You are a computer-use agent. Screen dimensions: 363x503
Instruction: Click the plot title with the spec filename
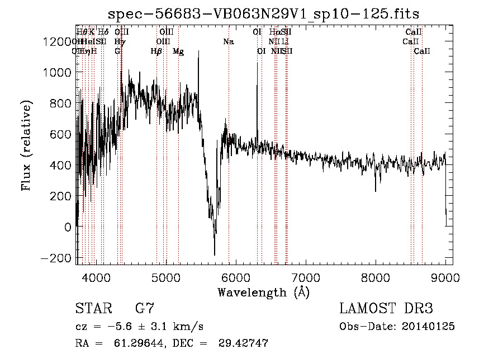pos(263,13)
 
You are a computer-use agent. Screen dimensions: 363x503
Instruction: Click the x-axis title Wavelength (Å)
pos(263,292)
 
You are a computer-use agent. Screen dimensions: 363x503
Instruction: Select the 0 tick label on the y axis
pos(67,227)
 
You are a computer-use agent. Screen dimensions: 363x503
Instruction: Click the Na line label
pos(228,41)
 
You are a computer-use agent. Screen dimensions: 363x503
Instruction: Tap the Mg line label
pos(178,51)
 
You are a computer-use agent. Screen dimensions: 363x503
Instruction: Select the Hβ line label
pos(156,51)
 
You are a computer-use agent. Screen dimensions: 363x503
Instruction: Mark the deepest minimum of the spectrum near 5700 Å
pos(215,254)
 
